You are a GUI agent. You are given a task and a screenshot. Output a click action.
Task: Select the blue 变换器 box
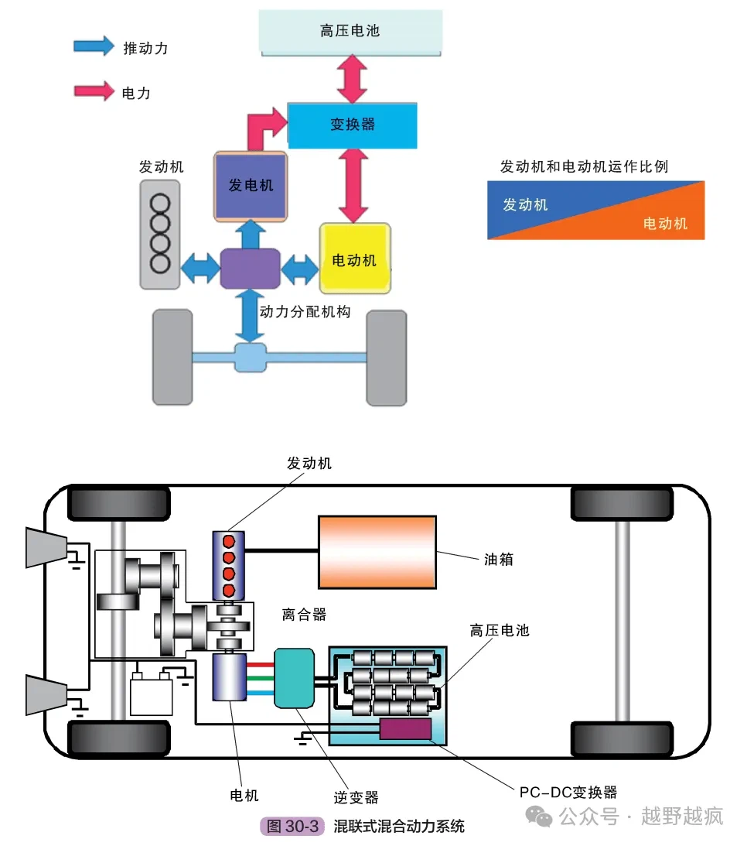(353, 125)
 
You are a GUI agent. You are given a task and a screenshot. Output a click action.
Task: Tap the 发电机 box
(251, 186)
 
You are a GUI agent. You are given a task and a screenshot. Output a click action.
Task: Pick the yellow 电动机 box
(355, 259)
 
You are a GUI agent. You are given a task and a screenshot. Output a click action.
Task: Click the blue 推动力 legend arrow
(94, 46)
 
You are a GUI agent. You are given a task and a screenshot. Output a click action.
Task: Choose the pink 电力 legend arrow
(94, 91)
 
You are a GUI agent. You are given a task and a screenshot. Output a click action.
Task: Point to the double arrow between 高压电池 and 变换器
(352, 79)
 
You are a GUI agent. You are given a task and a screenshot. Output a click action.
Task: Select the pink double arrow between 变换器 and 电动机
(353, 185)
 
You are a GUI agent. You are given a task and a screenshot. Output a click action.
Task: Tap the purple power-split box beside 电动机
(250, 268)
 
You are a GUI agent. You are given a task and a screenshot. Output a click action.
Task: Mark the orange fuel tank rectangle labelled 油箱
(377, 552)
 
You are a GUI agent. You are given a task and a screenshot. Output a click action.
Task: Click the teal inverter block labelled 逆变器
(295, 678)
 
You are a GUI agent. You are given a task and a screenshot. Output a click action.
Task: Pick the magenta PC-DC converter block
(406, 729)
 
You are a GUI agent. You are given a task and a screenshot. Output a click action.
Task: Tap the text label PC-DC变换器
(568, 792)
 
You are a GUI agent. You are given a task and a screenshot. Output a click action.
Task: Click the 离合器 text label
(304, 615)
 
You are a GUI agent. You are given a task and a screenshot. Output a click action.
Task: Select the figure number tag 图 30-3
(292, 826)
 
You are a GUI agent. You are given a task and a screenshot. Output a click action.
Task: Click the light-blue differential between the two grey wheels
(251, 357)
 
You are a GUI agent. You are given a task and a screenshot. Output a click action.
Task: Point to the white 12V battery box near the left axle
(152, 696)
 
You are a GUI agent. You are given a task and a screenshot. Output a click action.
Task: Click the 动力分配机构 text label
(305, 311)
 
